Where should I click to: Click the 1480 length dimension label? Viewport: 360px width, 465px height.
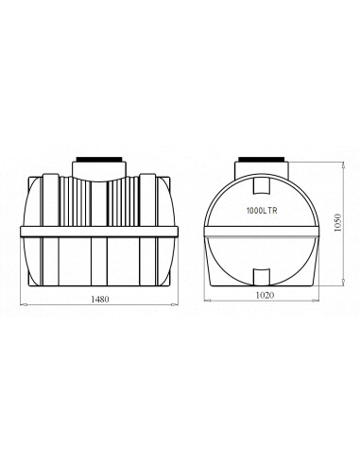100,299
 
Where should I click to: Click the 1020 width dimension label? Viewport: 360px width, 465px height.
265,295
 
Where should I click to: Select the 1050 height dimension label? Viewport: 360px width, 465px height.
337,223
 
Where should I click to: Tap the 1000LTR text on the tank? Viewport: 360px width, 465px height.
262,211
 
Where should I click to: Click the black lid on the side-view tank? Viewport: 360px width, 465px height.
99,159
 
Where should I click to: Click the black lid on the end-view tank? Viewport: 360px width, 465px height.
262,159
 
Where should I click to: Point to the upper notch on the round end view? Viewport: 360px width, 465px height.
262,185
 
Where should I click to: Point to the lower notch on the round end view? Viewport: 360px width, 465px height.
262,277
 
